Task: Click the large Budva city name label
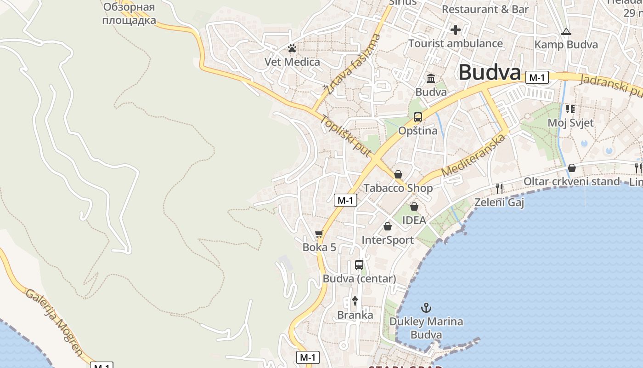tap(490, 73)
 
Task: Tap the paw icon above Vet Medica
tap(292, 48)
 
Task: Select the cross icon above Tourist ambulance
tap(455, 30)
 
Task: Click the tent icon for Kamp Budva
tap(566, 32)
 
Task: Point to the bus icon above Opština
tap(417, 117)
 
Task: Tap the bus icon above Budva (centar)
tap(359, 265)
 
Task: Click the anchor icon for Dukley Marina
tap(426, 307)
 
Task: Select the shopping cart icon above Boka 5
tap(319, 234)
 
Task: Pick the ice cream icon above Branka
tap(355, 301)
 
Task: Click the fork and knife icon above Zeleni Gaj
tap(499, 188)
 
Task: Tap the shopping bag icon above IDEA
tap(414, 207)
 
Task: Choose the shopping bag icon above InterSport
tap(388, 226)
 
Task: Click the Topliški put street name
tap(345, 136)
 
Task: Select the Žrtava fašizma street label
tap(352, 64)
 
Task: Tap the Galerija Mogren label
tap(54, 323)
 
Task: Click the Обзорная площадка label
tap(129, 14)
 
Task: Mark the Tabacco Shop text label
tap(398, 188)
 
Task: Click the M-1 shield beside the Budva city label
tap(537, 78)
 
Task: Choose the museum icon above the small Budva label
tap(431, 79)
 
